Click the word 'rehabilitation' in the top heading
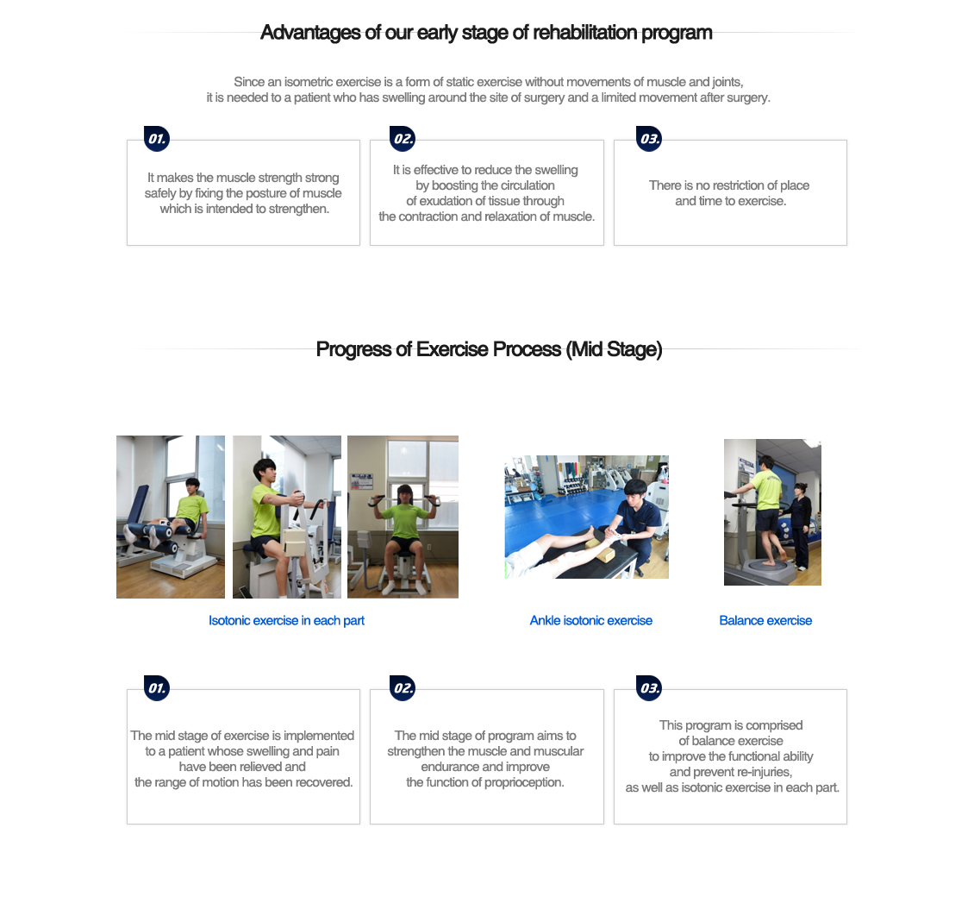[x=583, y=33]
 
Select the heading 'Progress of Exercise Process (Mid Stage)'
[x=489, y=349]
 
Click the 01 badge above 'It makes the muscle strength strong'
[x=157, y=139]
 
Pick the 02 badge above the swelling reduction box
[x=403, y=139]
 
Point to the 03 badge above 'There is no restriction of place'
[x=649, y=139]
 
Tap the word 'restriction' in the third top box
[x=721, y=185]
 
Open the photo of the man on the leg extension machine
[x=171, y=517]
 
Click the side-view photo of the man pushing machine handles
[x=287, y=517]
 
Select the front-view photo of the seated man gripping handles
[x=403, y=517]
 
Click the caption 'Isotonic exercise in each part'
[x=286, y=621]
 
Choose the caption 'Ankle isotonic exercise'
[x=590, y=621]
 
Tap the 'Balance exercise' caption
[x=765, y=621]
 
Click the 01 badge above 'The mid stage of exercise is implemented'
[x=157, y=688]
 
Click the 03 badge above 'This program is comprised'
[x=649, y=688]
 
